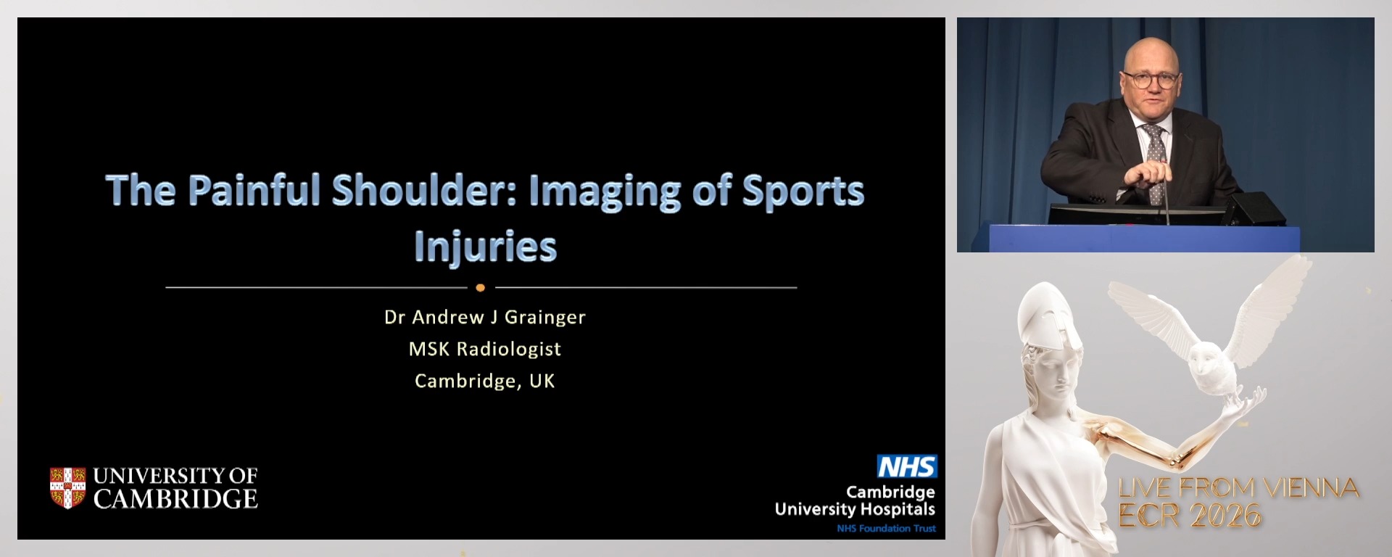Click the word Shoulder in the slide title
coord(423,190)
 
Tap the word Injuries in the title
coord(485,247)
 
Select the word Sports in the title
coord(803,190)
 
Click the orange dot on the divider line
coord(480,288)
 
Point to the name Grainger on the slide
coord(544,317)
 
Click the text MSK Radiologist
coord(484,349)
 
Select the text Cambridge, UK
coord(484,381)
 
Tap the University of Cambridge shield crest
coord(67,487)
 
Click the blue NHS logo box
coord(906,466)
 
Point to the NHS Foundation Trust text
coord(886,529)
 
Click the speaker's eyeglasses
coord(1151,79)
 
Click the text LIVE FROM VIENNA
coord(1238,488)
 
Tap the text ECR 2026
coord(1190,516)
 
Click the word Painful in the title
coord(254,190)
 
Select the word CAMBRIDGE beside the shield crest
coord(175,499)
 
